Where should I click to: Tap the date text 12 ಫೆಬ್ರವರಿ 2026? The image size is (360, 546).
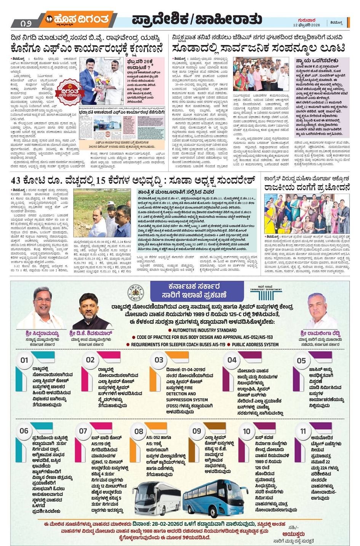point(306,25)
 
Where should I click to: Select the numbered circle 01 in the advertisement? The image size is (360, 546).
point(24,360)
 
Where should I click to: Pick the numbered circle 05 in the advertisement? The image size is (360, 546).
point(301,360)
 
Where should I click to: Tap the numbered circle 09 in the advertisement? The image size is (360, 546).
point(197,431)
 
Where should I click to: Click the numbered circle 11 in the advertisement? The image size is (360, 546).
point(303,431)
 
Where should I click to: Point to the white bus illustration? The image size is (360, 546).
point(157,497)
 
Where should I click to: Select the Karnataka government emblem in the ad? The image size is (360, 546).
point(135,293)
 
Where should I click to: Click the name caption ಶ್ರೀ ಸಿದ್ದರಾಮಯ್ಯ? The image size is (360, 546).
point(42,334)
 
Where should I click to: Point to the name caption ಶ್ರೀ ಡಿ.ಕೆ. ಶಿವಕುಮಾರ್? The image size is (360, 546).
point(91,334)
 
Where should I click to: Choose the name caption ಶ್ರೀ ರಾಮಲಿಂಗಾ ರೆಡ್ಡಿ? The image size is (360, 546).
point(320,334)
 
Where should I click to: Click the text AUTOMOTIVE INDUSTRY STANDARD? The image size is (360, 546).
point(205,330)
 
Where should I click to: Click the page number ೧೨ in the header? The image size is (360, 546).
point(26,23)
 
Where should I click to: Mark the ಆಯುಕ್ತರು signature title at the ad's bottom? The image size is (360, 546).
point(293,534)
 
